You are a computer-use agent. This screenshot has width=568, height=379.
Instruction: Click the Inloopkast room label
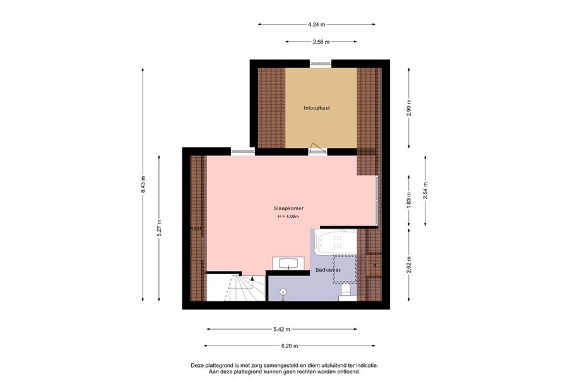coord(317,108)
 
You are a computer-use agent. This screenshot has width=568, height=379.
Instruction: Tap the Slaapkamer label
coord(288,208)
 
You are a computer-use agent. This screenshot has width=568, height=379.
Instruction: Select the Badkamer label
coord(328,270)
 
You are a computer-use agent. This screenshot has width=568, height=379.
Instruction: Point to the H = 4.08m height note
coord(288,217)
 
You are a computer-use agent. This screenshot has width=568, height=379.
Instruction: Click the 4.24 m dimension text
coord(317,25)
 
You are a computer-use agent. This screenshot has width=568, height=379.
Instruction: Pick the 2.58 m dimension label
coord(321,42)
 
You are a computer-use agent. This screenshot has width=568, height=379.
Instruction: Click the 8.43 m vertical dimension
coord(143,184)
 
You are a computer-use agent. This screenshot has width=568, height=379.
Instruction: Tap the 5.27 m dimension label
coord(160,229)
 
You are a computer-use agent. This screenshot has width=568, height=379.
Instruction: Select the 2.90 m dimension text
coord(409,108)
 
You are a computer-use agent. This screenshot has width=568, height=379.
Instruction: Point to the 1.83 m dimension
coord(409,201)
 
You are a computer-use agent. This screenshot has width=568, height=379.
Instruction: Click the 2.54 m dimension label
coord(425,191)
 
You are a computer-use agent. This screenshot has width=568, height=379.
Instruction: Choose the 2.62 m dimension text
coord(409,265)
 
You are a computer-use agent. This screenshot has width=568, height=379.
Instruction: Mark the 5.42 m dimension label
coord(282,329)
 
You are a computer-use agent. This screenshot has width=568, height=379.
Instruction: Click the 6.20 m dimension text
coord(290,346)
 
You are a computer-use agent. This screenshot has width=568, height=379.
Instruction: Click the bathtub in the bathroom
coord(336,242)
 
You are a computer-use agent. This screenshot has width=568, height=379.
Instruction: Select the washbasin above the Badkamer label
coord(288,263)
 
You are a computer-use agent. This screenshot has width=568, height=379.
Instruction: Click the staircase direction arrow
coord(252,278)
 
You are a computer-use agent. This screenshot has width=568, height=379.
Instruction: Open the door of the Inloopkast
coord(317,148)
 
